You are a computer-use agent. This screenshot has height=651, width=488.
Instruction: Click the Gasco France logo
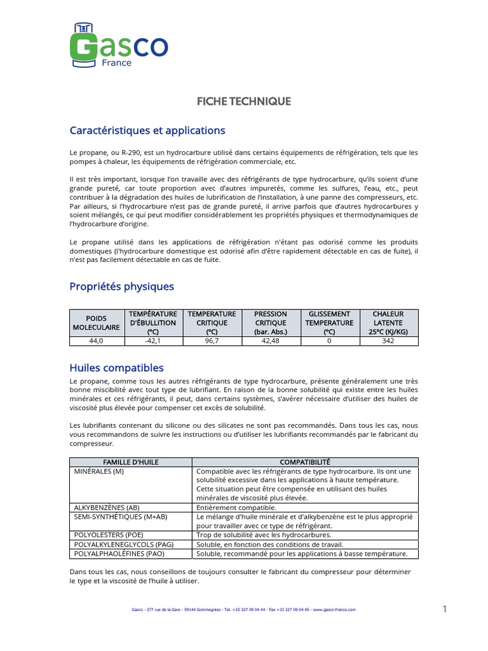tap(118, 46)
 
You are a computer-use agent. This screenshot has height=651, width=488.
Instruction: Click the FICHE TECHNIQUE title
tap(243, 101)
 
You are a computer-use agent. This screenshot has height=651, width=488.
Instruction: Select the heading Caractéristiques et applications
tap(147, 130)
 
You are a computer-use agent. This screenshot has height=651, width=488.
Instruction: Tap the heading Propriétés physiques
tap(121, 286)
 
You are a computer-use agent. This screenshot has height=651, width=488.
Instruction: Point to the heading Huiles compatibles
tap(116, 367)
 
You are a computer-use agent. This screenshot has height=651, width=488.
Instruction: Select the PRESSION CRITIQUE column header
tap(271, 322)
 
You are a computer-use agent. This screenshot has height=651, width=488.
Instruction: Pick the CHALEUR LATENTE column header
tap(388, 322)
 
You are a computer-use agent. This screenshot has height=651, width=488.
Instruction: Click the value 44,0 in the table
tap(96, 341)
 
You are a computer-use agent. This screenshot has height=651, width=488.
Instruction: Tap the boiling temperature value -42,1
tap(152, 341)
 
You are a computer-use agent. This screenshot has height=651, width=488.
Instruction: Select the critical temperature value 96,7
tap(212, 341)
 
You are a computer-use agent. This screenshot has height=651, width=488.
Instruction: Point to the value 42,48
tap(271, 341)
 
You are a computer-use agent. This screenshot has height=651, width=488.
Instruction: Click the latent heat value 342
tap(388, 341)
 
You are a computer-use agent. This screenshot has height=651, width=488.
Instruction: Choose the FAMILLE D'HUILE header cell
tap(131, 462)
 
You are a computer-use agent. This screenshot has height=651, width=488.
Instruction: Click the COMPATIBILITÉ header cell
tap(305, 462)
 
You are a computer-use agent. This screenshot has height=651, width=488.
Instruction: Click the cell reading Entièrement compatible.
tap(236, 507)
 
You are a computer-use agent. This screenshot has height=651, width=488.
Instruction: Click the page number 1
tap(445, 609)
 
